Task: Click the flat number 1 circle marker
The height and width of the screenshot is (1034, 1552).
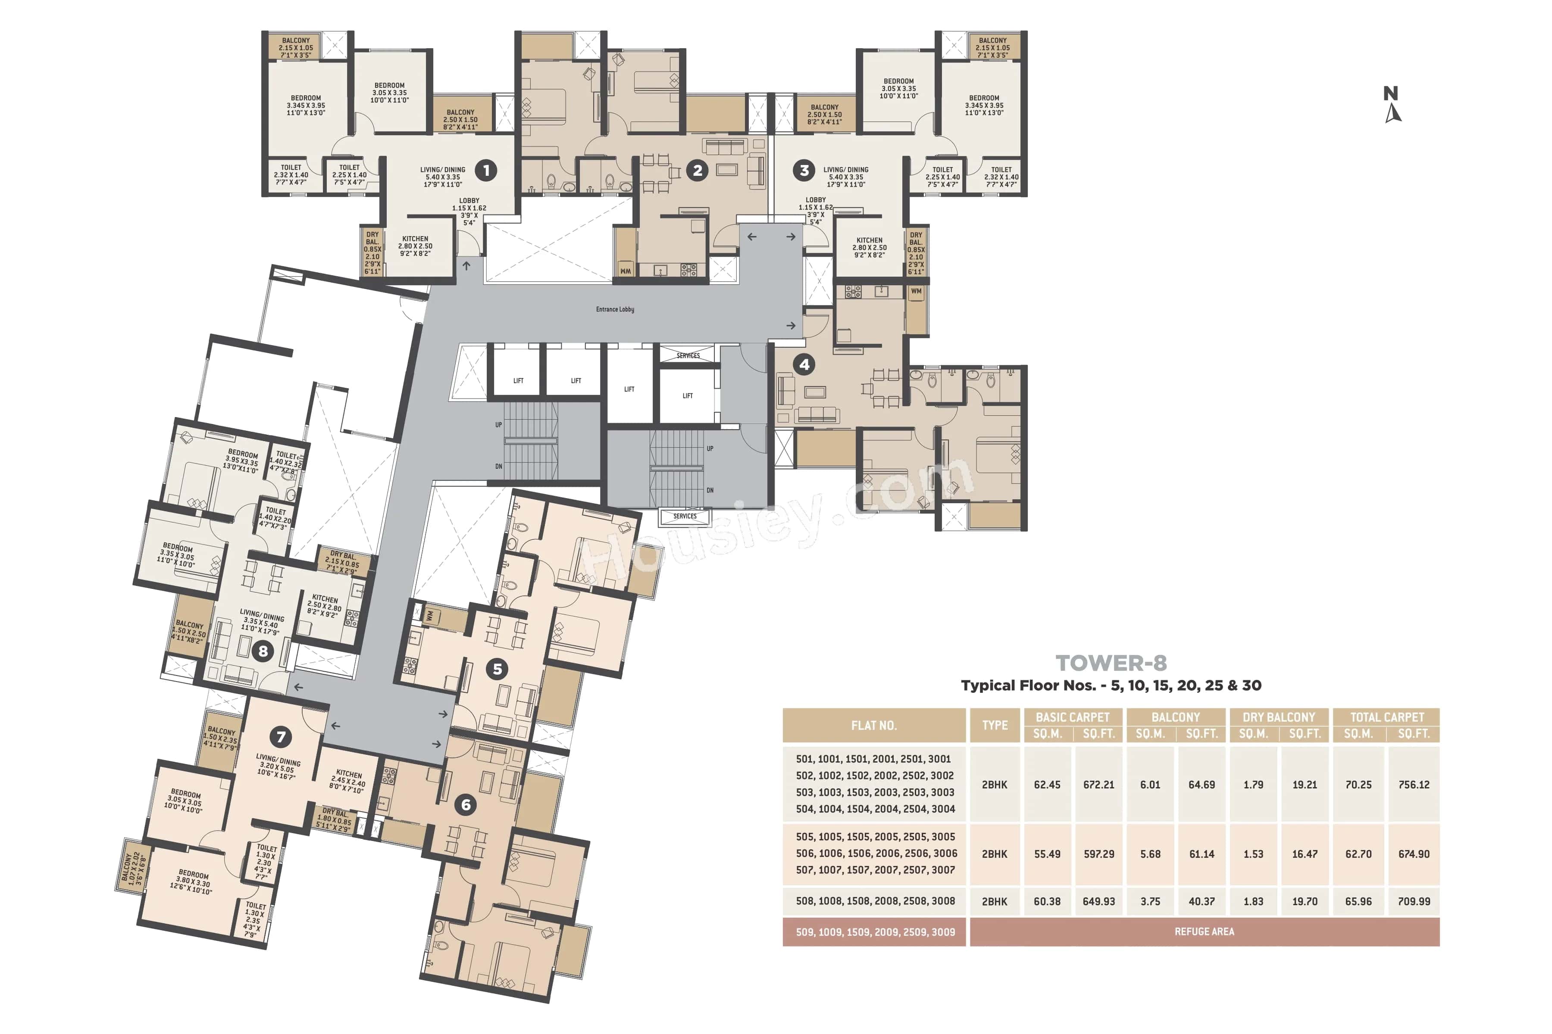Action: [x=486, y=170]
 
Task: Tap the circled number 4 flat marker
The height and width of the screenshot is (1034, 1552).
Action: [x=804, y=364]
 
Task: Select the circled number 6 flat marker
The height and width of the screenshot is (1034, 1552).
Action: [x=466, y=804]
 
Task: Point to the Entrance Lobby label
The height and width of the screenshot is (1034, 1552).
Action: [x=615, y=309]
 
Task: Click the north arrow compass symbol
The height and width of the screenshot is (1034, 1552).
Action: [x=1392, y=106]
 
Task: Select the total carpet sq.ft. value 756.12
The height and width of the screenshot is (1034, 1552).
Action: [x=1414, y=785]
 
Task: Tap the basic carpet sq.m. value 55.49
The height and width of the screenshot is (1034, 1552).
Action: [x=1047, y=854]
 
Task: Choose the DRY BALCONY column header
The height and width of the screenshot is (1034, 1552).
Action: [x=1278, y=717]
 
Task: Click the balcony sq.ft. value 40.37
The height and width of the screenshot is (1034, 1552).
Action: [x=1202, y=901]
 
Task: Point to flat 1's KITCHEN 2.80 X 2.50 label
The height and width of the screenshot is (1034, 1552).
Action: [x=415, y=246]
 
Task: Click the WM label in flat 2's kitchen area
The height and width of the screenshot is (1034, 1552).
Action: [x=625, y=271]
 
